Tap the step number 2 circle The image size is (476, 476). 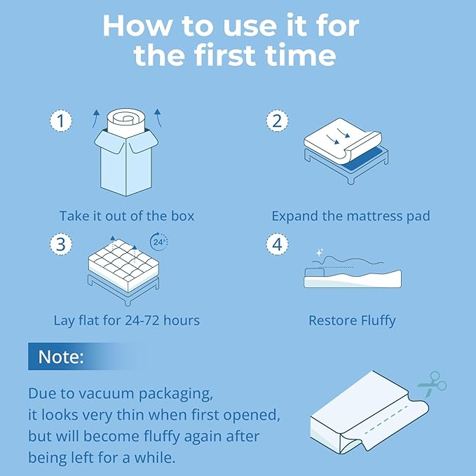[x=278, y=121]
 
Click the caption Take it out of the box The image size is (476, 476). [x=126, y=216]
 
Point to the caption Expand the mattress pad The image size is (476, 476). [x=351, y=216]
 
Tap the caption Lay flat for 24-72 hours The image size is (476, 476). [x=126, y=321]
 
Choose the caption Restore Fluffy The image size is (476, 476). [x=352, y=321]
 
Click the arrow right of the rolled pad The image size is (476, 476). [x=158, y=114]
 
